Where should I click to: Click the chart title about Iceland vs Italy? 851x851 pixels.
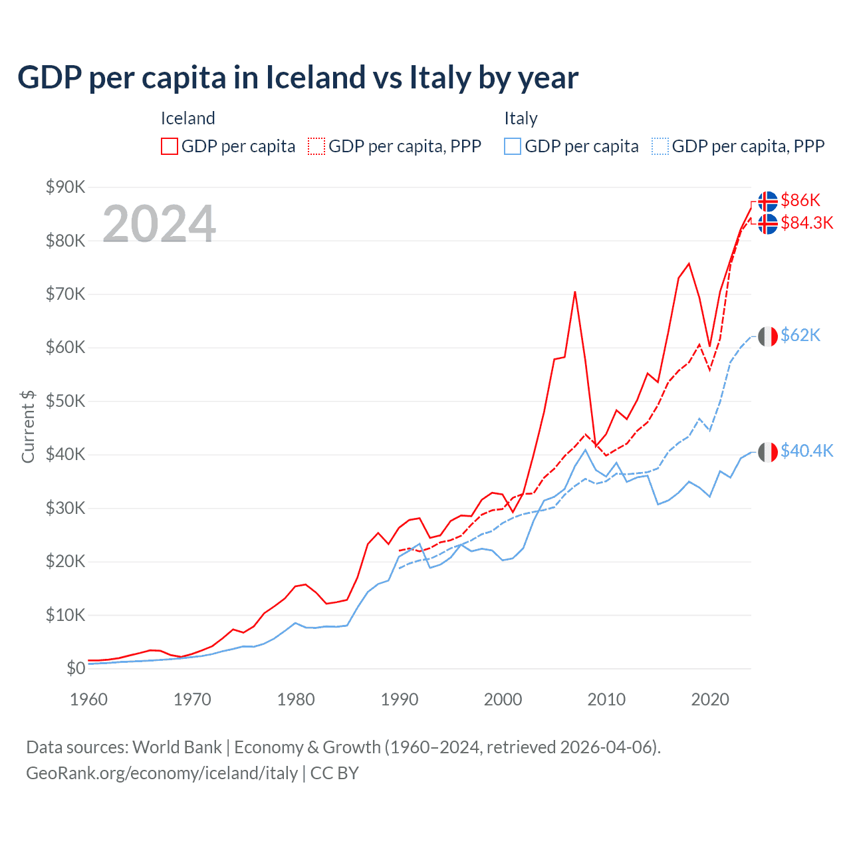pos(298,78)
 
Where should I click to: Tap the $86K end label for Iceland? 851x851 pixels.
pos(800,200)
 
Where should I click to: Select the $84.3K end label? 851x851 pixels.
pos(807,223)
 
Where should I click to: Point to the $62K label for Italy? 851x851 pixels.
pos(800,335)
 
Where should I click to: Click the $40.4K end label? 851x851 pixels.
pos(807,451)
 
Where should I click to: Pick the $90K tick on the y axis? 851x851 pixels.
pos(65,187)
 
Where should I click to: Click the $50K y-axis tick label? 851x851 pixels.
pos(65,401)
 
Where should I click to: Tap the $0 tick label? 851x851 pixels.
pos(76,668)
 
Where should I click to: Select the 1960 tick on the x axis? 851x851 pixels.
pos(88,699)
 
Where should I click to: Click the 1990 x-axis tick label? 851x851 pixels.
pos(400,699)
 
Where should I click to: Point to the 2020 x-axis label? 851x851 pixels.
pos(710,699)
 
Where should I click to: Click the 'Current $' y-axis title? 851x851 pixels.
pos(28,426)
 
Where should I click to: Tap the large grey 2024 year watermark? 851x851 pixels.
pos(160,224)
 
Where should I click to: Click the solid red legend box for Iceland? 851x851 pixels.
pos(170,146)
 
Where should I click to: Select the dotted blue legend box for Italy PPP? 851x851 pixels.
pos(660,146)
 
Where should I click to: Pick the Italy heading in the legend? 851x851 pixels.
pos(521,118)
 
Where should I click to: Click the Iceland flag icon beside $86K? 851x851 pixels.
pos(768,201)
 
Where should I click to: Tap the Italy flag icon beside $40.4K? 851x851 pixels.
pos(768,451)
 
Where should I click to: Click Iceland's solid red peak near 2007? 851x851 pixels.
pos(574,292)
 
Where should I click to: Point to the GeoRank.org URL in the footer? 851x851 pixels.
pos(162,773)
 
